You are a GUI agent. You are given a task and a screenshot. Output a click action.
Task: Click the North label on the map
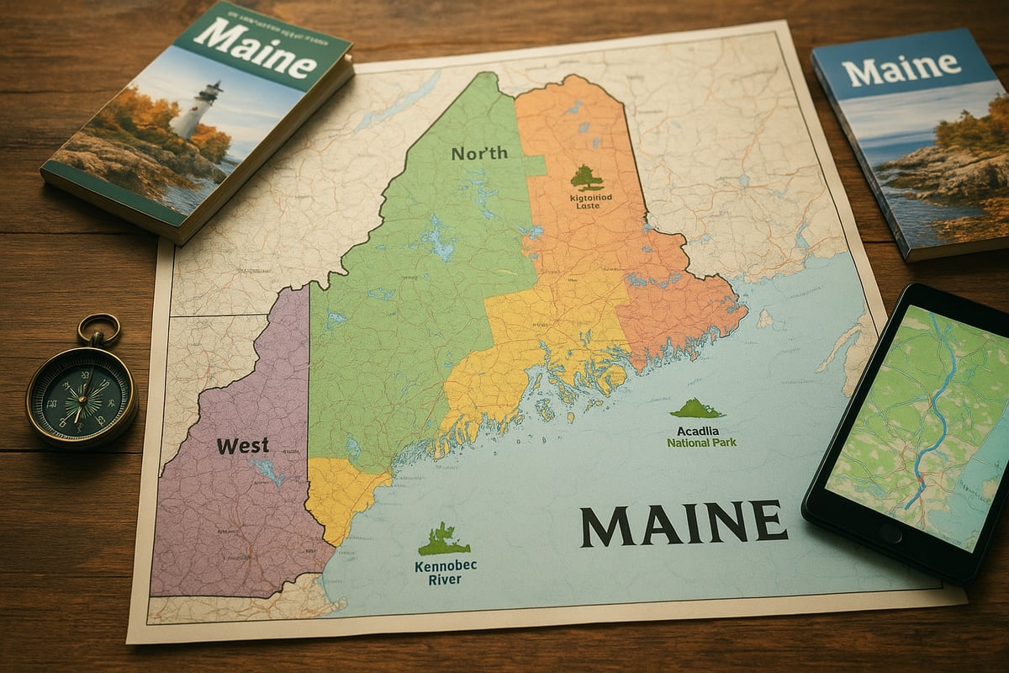pos(479,153)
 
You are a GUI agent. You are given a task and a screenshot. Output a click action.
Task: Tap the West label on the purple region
pos(243,446)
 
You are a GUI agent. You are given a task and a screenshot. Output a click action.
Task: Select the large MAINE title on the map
pos(684,522)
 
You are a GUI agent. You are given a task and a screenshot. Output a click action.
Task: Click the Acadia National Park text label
pos(701,436)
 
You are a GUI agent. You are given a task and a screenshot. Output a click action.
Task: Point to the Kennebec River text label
pos(445,572)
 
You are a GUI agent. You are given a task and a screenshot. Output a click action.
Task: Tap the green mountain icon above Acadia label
pos(696,409)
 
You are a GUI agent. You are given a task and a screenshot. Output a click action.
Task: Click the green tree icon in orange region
pos(586,178)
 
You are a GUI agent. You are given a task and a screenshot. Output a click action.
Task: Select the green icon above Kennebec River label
pos(444,539)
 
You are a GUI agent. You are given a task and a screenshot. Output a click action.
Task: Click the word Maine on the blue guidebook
pos(901,68)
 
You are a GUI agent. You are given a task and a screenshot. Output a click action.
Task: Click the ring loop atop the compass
pos(99,329)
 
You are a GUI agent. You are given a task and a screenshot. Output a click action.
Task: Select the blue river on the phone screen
pos(937,412)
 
